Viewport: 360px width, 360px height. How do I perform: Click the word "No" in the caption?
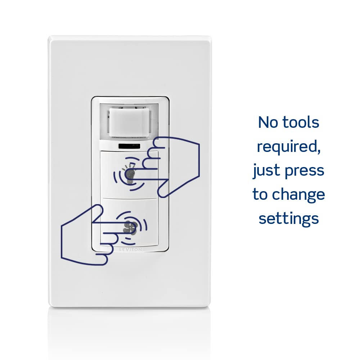tap(268, 122)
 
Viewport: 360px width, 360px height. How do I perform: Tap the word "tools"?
tap(301, 122)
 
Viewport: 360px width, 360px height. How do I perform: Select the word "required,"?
tap(289, 147)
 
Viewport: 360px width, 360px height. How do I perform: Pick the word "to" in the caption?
tap(260, 194)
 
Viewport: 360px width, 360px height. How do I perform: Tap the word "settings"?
tap(289, 219)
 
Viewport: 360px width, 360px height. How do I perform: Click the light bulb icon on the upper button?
tap(130, 174)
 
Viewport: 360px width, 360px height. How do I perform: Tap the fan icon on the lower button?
tap(130, 227)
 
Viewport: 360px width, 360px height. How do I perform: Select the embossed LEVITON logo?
tap(130, 249)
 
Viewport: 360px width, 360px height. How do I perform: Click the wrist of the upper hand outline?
tap(199, 160)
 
